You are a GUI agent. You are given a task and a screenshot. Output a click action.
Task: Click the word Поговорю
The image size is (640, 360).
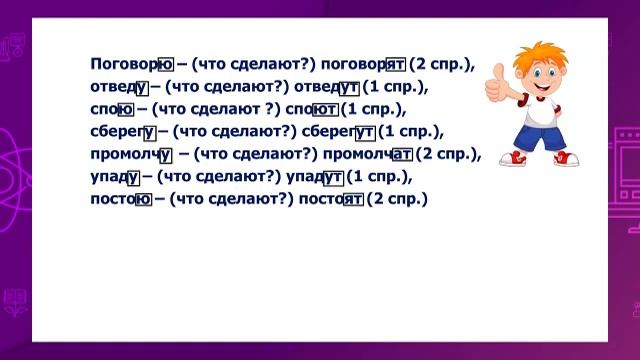(x=132, y=64)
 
